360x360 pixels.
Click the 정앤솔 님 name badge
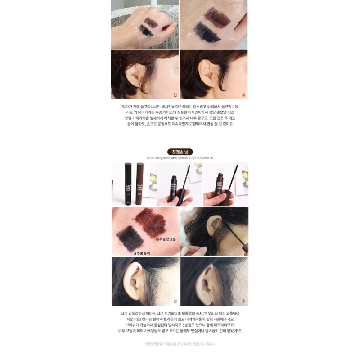(180, 152)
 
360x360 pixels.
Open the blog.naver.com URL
(180, 158)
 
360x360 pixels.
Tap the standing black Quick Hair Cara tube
(128, 183)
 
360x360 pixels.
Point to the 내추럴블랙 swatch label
(141, 253)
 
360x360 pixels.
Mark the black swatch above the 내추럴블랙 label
(130, 236)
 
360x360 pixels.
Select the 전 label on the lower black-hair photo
(175, 301)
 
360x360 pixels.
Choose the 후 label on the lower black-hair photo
(243, 301)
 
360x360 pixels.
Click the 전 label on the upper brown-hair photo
(175, 95)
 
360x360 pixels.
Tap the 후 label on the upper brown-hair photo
(243, 95)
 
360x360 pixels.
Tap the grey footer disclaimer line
(180, 344)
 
